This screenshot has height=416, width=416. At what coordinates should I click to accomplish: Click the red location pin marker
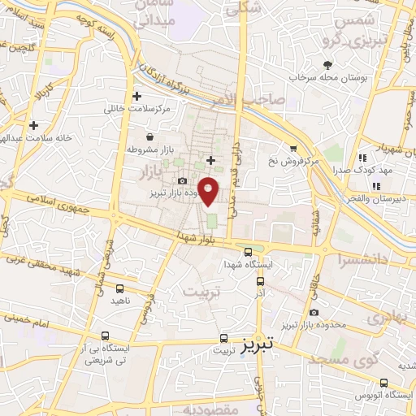click(209, 193)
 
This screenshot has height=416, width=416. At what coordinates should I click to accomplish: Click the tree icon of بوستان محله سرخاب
click(327, 65)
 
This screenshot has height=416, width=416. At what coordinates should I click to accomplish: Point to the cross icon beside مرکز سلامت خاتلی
click(136, 96)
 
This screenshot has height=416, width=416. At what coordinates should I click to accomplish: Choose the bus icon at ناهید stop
click(120, 288)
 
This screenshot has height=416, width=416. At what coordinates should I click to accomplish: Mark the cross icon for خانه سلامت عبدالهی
click(33, 125)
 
